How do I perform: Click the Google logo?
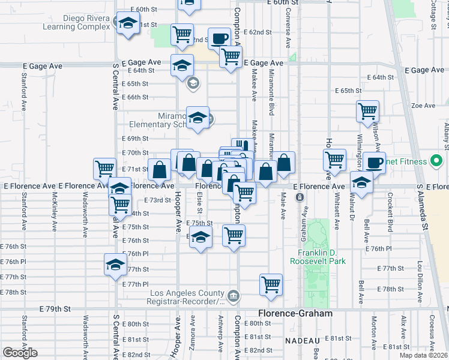(20, 353)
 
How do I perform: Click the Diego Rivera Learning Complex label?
(76, 22)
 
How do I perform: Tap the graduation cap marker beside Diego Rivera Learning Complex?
(127, 23)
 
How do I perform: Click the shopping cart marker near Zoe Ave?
(367, 110)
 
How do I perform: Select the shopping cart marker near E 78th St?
(271, 283)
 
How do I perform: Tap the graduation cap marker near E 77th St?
(115, 264)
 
